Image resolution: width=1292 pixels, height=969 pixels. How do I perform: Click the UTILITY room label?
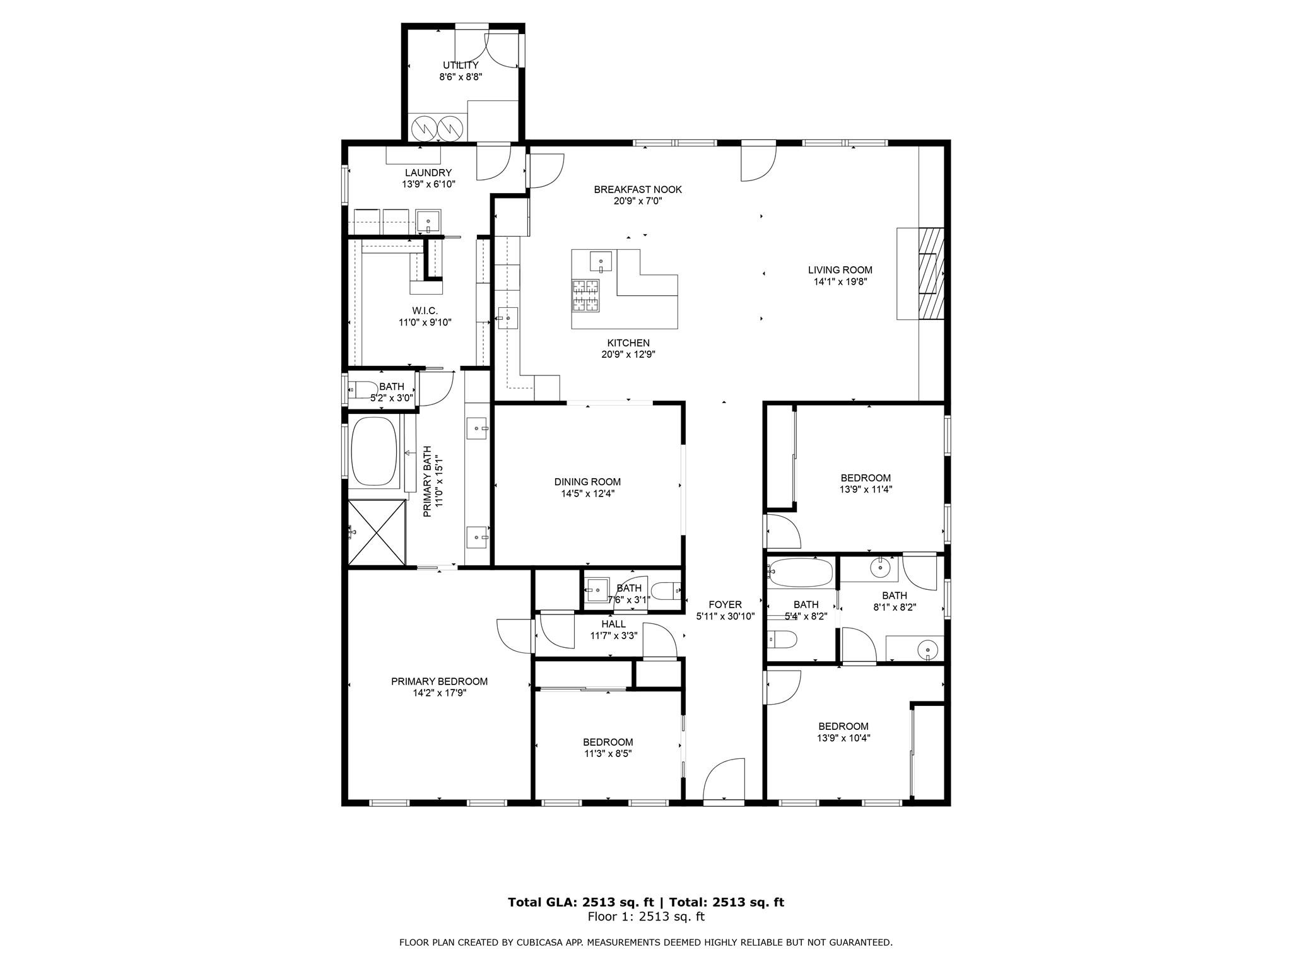click(x=460, y=65)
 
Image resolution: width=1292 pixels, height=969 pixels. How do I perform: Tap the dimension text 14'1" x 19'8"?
click(x=840, y=282)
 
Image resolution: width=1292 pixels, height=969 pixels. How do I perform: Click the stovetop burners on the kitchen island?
click(x=586, y=295)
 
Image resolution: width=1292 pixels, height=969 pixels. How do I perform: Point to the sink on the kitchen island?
click(x=601, y=260)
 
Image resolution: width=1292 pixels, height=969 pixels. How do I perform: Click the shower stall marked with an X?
click(x=376, y=532)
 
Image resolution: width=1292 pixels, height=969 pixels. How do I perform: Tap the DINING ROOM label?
click(x=587, y=482)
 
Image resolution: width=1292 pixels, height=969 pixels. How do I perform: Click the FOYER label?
click(x=725, y=604)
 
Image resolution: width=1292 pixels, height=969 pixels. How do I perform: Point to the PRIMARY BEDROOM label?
click(x=439, y=681)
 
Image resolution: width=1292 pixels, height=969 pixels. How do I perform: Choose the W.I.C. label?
click(x=425, y=310)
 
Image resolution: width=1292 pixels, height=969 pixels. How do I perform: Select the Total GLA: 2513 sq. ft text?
click(x=580, y=902)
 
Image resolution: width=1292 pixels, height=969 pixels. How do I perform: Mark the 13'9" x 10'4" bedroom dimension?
click(x=843, y=738)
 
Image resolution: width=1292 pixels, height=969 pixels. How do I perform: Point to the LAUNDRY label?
click(x=428, y=173)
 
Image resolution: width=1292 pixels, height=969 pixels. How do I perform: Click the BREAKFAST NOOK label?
click(x=637, y=189)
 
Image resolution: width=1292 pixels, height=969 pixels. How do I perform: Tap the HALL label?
click(x=613, y=624)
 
